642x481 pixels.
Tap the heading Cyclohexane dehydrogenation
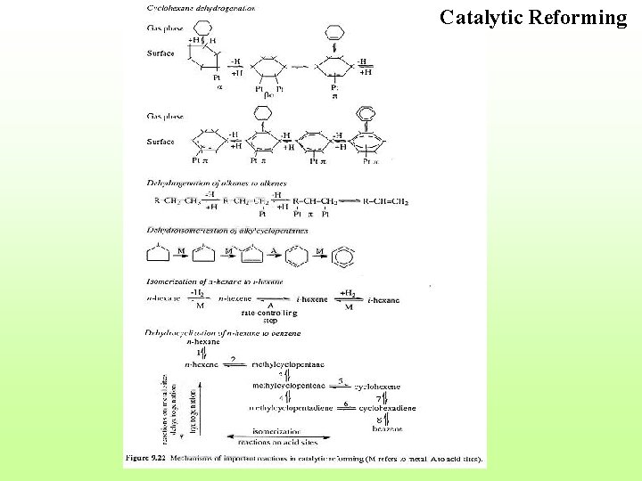[200, 7]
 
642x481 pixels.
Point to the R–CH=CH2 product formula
[374, 202]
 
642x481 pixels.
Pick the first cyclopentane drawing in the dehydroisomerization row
[158, 255]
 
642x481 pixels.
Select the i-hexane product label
[385, 300]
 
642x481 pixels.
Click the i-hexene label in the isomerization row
[312, 300]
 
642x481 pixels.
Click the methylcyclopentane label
[288, 364]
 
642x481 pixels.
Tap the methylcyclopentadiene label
[291, 407]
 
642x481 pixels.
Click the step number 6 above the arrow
[344, 402]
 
